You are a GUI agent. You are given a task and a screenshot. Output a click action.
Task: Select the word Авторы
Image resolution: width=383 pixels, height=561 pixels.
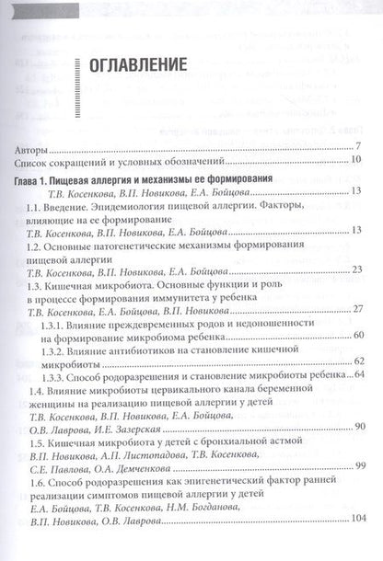pos(36,150)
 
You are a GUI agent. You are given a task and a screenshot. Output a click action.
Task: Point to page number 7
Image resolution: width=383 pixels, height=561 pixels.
pos(357,150)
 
